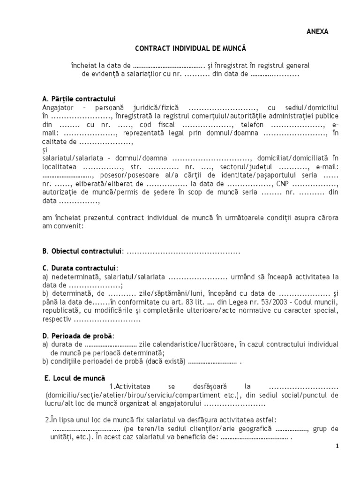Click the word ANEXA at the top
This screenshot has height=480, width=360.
click(x=318, y=32)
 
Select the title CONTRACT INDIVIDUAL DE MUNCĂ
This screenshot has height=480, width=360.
click(x=190, y=48)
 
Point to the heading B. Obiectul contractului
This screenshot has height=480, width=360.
click(x=82, y=252)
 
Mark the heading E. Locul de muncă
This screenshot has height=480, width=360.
click(x=75, y=378)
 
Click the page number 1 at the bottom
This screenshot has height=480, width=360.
click(x=337, y=459)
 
